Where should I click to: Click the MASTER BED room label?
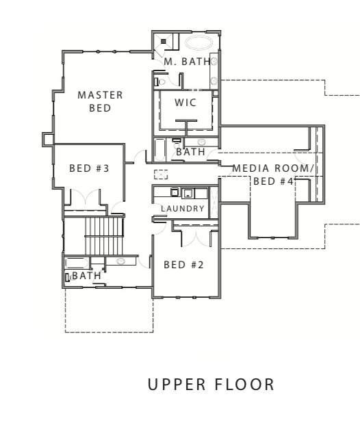(100, 101)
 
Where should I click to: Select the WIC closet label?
(185, 102)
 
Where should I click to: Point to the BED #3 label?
(89, 168)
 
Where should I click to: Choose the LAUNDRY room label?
(183, 208)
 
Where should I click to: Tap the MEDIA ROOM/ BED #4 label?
(272, 174)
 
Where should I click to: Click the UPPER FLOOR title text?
(211, 385)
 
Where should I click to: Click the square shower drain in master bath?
(164, 41)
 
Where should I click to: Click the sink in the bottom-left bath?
(120, 261)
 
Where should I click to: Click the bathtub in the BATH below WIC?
(159, 148)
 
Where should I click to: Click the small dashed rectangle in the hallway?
(161, 173)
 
